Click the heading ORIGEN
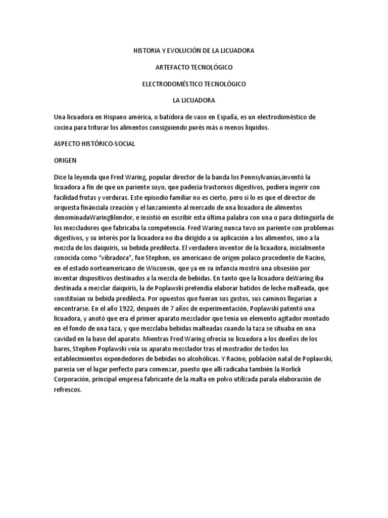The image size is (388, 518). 66,159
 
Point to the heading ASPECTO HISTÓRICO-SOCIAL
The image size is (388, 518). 94,144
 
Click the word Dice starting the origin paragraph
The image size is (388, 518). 60,177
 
